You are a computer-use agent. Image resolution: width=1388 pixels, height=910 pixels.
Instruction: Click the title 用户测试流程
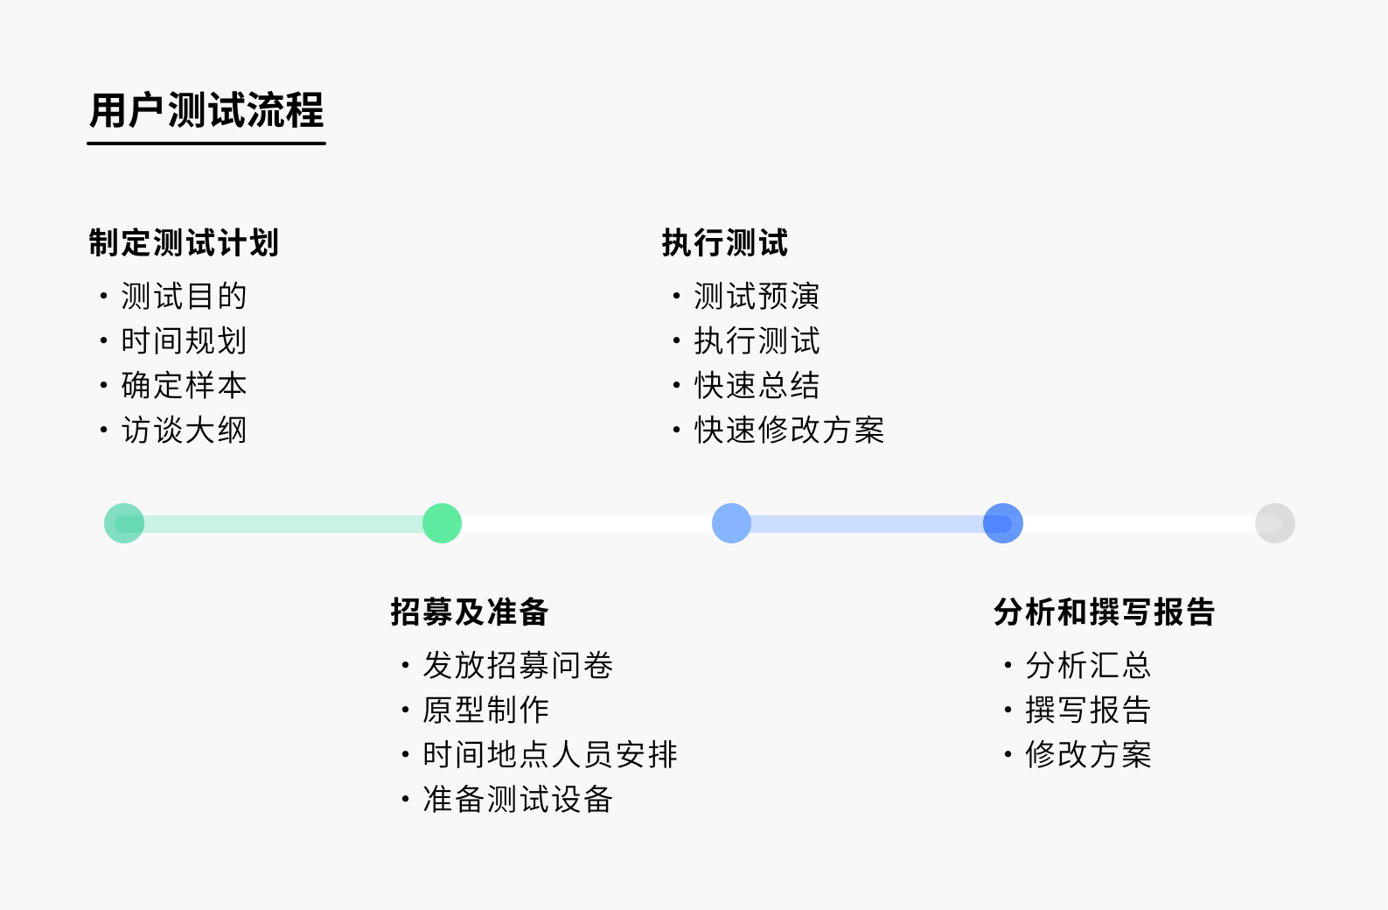click(206, 110)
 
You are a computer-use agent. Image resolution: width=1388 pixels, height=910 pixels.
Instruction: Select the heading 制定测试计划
click(184, 242)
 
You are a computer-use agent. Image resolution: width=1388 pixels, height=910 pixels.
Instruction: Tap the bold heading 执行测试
click(724, 242)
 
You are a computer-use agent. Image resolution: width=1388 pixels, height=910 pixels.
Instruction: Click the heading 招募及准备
click(469, 612)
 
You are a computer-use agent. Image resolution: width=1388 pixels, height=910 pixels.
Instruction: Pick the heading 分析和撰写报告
click(1104, 612)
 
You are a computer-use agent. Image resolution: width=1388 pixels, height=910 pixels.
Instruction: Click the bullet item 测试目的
click(184, 296)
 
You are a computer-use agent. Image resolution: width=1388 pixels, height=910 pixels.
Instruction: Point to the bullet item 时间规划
click(184, 340)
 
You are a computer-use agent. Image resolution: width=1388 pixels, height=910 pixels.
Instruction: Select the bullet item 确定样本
click(184, 385)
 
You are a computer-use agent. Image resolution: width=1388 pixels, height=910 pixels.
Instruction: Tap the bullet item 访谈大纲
click(184, 430)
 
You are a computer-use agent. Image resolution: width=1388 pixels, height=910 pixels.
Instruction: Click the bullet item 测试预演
click(757, 296)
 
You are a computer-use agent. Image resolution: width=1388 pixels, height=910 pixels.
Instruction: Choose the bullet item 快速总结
click(757, 385)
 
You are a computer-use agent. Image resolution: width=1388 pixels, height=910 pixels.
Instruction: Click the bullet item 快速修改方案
click(789, 430)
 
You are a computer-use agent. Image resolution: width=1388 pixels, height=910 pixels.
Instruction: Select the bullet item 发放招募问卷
click(518, 665)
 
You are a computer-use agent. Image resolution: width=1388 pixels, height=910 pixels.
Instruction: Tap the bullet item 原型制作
click(485, 710)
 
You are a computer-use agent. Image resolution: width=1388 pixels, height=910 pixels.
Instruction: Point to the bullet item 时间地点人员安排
click(549, 754)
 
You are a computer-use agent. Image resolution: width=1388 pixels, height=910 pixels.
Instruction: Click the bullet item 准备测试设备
click(518, 799)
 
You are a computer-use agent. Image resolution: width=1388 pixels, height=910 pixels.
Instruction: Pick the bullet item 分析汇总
click(1088, 665)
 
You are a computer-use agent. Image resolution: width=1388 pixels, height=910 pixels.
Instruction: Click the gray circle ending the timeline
click(1274, 523)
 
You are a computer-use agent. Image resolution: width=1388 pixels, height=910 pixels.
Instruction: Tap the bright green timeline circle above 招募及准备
click(442, 523)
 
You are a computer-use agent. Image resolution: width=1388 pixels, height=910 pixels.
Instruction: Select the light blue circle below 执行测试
click(731, 523)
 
